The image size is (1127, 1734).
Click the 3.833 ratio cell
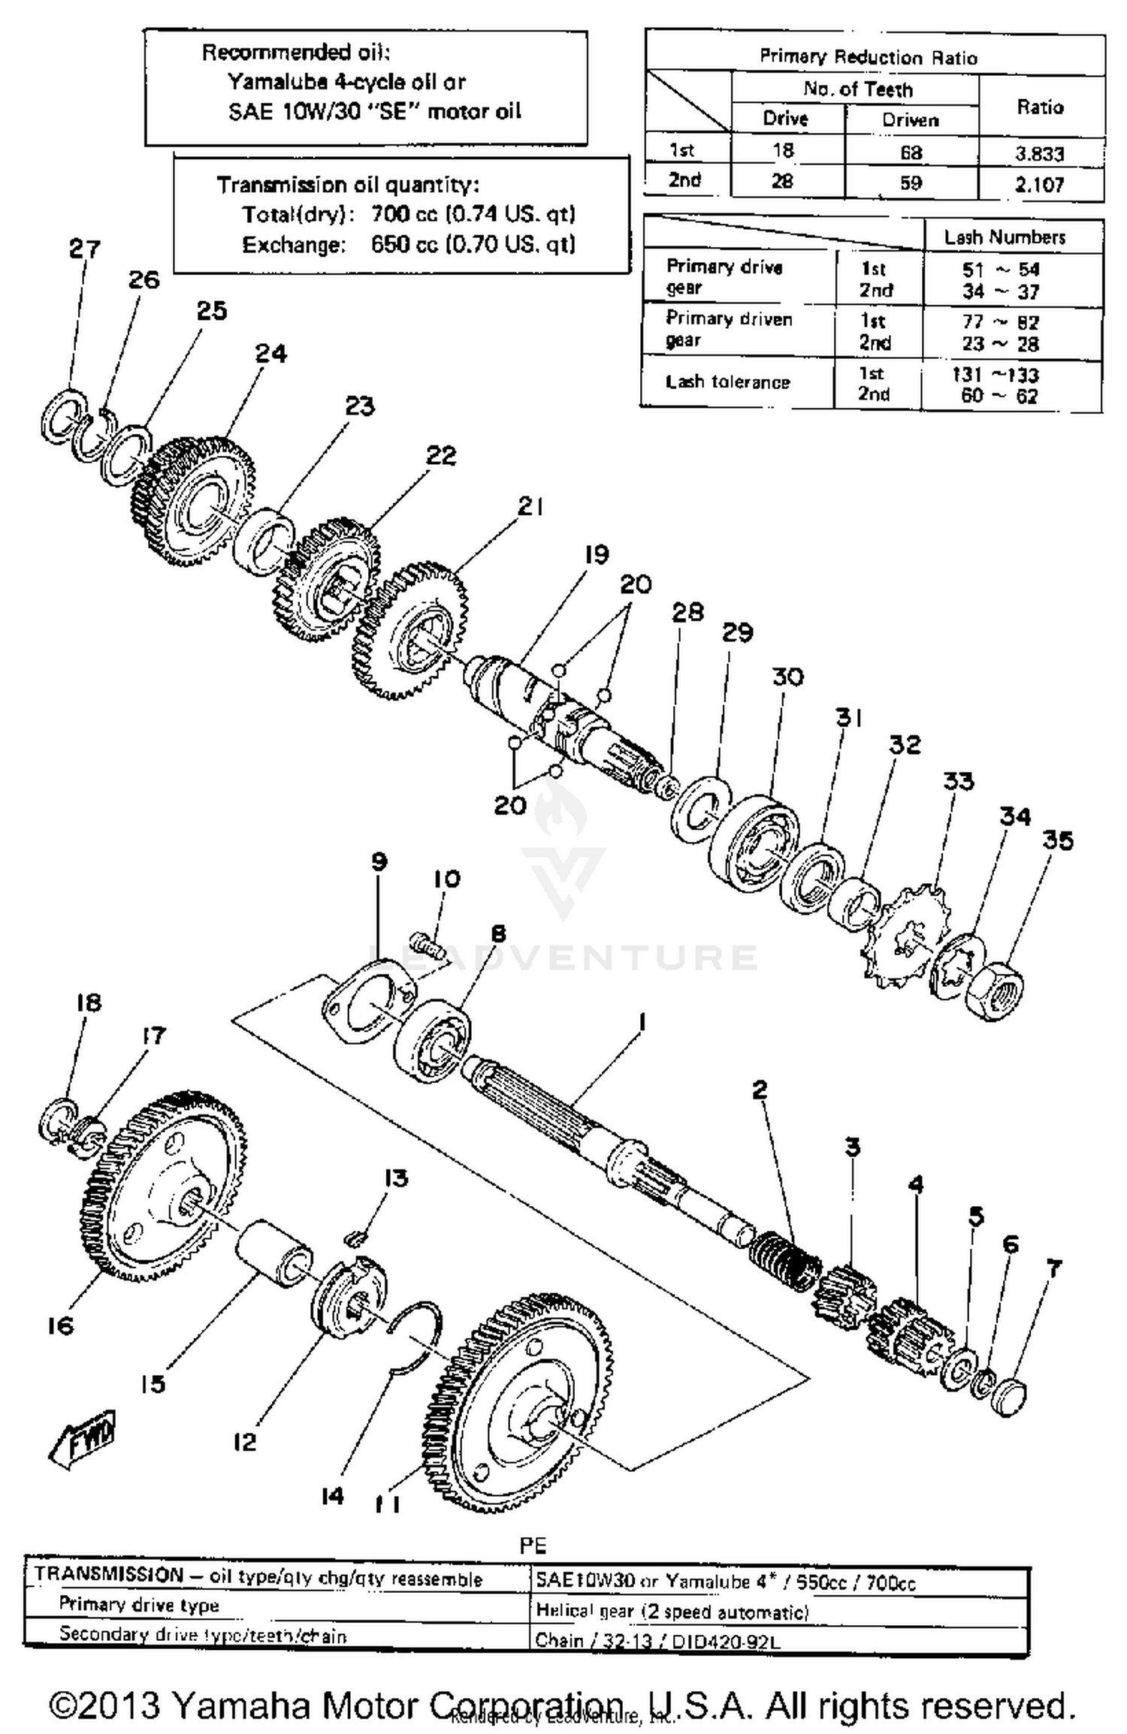(1039, 154)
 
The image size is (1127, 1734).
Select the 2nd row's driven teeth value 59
(910, 183)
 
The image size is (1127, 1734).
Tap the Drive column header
(785, 119)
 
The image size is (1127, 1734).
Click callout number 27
(84, 249)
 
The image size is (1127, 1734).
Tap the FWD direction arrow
(83, 1440)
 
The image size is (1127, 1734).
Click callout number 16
(60, 1325)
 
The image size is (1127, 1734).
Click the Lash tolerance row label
(727, 382)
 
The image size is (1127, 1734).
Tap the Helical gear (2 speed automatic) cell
(672, 1612)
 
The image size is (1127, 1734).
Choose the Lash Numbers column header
(1005, 237)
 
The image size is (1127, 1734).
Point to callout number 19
(597, 555)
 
